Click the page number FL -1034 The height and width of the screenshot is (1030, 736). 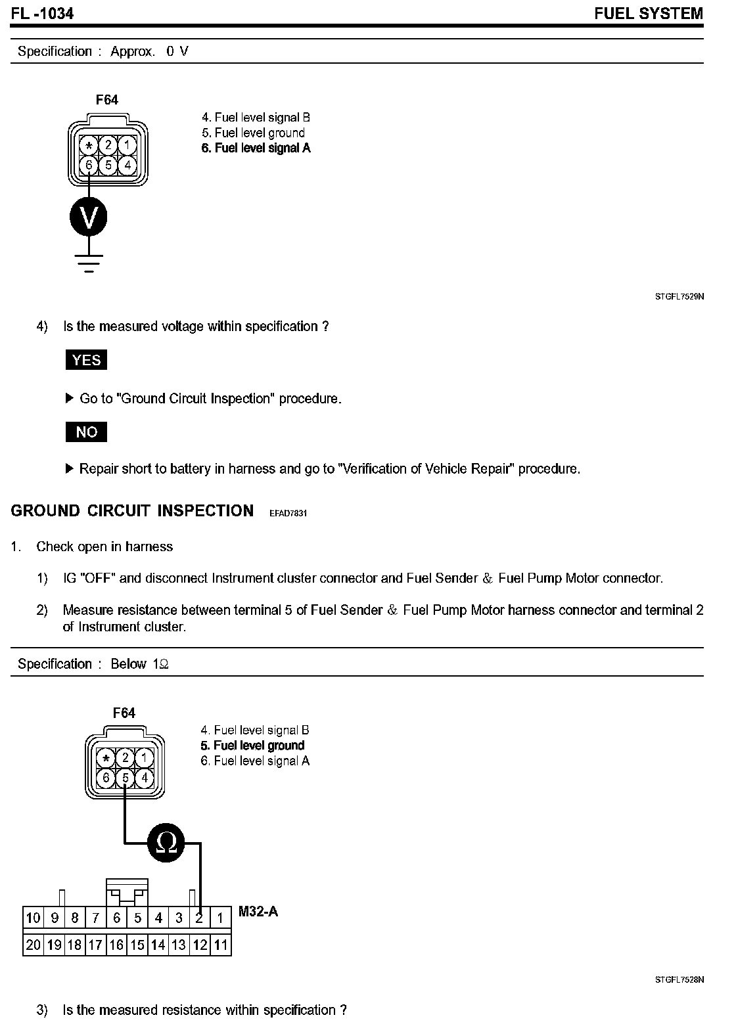tap(42, 13)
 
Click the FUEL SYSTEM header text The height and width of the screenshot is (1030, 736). tap(648, 13)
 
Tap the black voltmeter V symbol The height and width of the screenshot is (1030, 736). tap(88, 217)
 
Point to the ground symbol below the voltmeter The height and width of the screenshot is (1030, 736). tap(88, 262)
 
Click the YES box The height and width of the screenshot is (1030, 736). tap(86, 360)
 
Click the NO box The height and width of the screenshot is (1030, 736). tap(86, 432)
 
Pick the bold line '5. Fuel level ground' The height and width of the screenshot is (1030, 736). tap(252, 746)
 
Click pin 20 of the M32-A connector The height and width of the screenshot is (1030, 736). tap(33, 945)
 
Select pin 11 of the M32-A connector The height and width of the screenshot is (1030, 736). tap(221, 945)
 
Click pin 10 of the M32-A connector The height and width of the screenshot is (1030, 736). tap(33, 918)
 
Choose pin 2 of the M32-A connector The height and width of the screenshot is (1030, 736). tap(200, 918)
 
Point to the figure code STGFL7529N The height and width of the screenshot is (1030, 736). tap(679, 297)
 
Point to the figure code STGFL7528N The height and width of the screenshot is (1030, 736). tap(679, 979)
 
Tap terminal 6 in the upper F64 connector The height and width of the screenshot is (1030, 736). tap(88, 164)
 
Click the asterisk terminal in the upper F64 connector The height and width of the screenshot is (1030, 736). tap(88, 145)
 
